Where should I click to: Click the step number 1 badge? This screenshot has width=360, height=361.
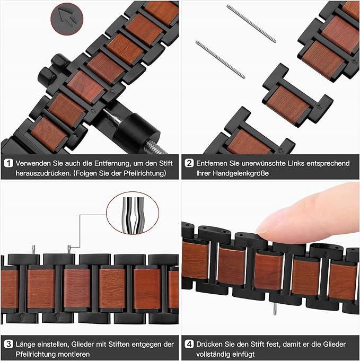8,163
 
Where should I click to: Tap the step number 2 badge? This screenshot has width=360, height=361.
189,163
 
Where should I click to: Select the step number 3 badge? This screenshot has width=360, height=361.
8,344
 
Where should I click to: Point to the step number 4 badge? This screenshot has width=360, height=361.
189,344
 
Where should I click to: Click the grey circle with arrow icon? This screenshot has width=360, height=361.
67,19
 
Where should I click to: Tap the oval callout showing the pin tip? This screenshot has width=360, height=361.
133,213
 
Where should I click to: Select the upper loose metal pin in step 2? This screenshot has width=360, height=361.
251,23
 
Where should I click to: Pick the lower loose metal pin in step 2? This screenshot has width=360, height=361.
220,59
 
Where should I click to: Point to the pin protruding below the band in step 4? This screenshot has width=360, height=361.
275,309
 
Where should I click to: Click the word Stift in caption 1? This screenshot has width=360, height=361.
165,163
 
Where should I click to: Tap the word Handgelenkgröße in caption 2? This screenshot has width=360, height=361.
241,173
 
